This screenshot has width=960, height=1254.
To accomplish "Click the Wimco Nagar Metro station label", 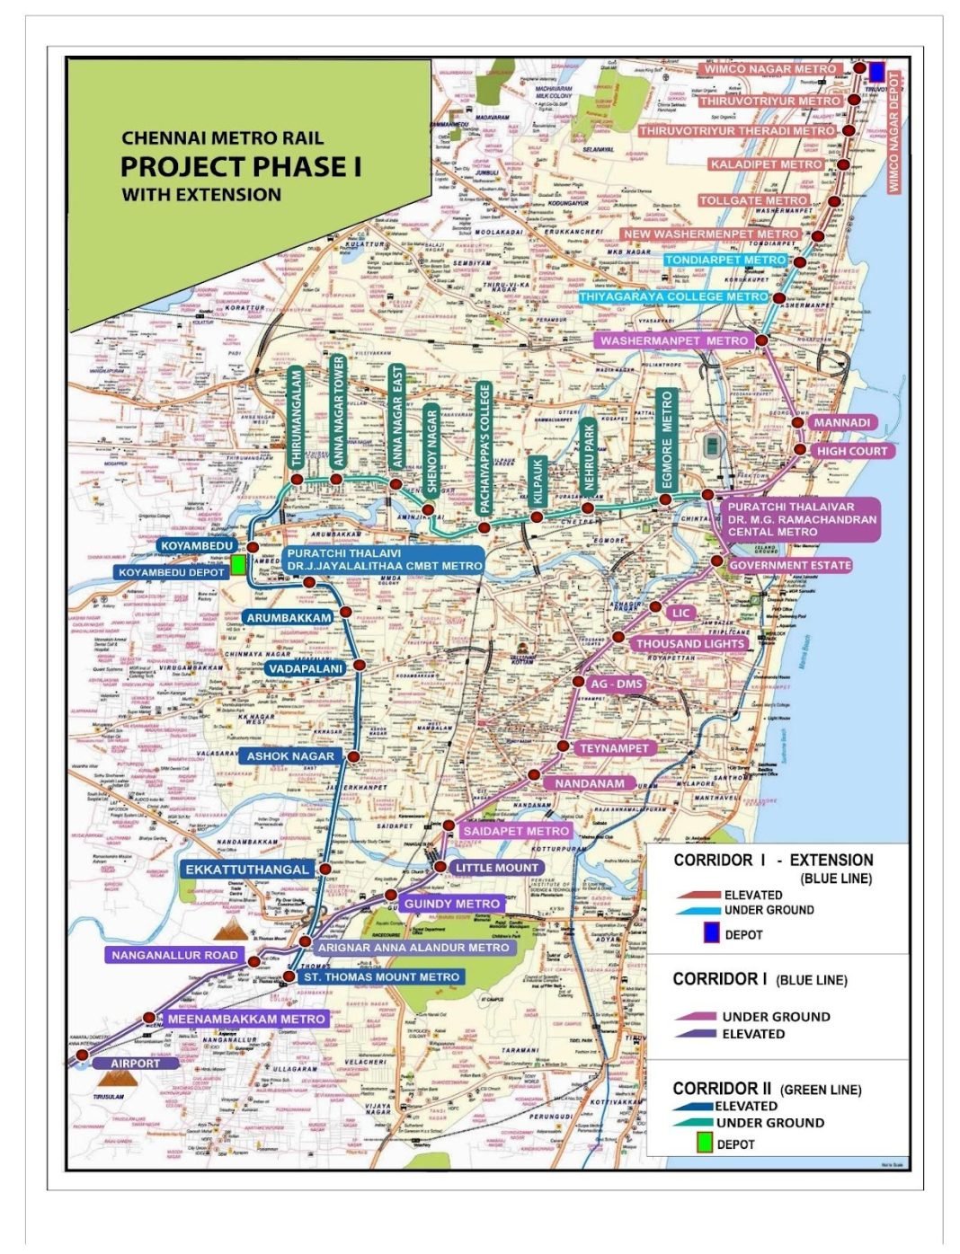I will (x=769, y=69).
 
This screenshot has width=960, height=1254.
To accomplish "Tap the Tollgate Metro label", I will (x=753, y=200).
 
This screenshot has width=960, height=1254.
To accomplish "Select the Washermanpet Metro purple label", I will (x=673, y=341).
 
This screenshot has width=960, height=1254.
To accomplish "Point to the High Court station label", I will (x=851, y=451).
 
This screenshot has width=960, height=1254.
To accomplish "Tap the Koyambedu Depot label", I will (x=171, y=572).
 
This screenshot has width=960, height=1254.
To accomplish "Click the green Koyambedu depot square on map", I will (x=237, y=564).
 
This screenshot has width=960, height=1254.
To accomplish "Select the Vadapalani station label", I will (x=305, y=668).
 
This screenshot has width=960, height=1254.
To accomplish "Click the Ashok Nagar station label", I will (x=290, y=756).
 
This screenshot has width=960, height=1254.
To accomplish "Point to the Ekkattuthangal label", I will (x=246, y=869).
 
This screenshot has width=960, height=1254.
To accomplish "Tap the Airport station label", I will (x=134, y=1064).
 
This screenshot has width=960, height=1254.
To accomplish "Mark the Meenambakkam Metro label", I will (x=245, y=1020).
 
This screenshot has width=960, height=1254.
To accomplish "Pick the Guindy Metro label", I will (x=451, y=904).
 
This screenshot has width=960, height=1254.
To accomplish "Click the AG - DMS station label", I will (x=616, y=684).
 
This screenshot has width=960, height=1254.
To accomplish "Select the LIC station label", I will (x=681, y=613).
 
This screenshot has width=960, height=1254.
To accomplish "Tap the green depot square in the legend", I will (x=706, y=1144).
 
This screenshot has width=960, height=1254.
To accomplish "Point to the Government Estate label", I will (x=789, y=565).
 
